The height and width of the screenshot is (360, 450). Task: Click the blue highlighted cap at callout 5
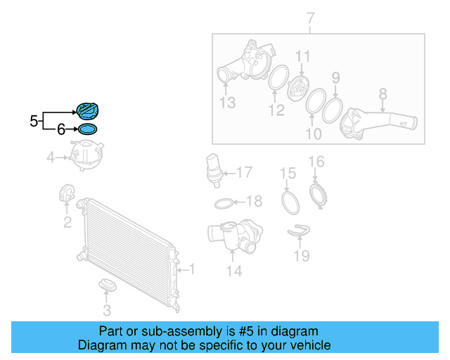[87, 111]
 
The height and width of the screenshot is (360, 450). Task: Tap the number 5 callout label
[34, 121]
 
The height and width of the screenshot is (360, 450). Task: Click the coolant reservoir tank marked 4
[86, 155]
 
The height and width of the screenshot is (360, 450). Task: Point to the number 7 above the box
[311, 18]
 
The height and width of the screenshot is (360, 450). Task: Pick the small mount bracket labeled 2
[67, 193]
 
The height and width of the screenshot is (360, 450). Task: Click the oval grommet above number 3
[108, 284]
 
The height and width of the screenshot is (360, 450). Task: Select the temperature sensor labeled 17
[214, 171]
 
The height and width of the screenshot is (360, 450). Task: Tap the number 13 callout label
[228, 103]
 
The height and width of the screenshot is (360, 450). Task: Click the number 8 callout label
[382, 94]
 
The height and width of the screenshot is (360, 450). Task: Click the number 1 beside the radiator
[192, 269]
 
